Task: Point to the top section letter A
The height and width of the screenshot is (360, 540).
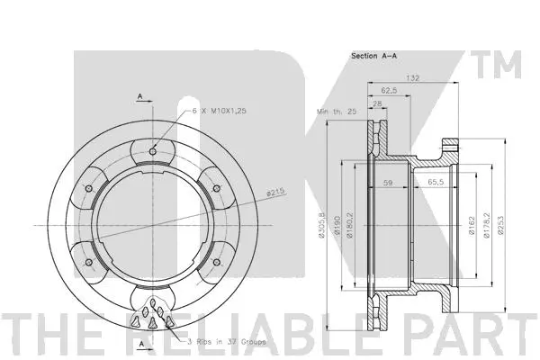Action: (141, 95)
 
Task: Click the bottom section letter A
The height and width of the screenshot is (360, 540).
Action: (141, 343)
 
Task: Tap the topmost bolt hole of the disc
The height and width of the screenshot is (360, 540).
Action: (154, 150)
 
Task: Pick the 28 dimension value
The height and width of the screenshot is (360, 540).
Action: (375, 103)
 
